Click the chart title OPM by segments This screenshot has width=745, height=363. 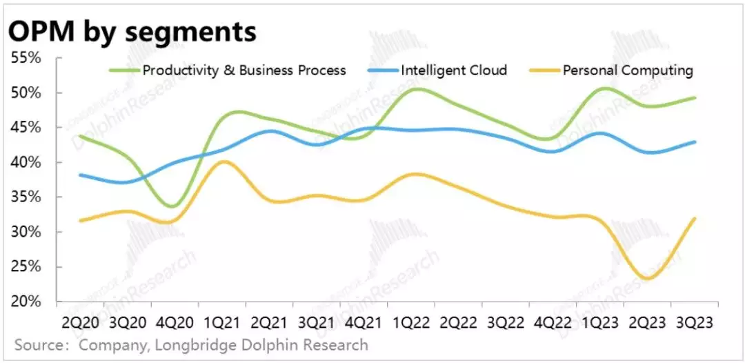[x=132, y=31]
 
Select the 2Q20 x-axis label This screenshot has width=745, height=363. [x=80, y=322]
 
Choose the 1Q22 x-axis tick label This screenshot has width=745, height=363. [x=411, y=322]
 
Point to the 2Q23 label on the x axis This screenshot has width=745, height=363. [x=647, y=322]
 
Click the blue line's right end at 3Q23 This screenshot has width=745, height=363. [x=695, y=142]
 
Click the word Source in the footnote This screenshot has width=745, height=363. [x=38, y=344]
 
